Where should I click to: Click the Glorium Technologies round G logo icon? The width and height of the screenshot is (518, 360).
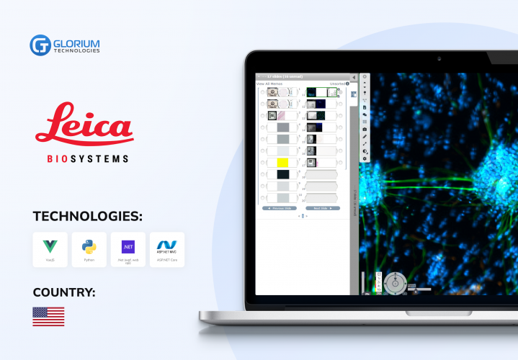(39, 45)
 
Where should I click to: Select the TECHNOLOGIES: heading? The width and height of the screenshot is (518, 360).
(87, 215)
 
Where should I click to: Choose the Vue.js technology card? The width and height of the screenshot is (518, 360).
(50, 249)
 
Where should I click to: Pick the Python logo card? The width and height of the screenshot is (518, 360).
(89, 249)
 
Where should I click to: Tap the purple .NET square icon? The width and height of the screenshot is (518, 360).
(128, 246)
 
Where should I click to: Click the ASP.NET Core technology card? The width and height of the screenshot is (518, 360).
(166, 249)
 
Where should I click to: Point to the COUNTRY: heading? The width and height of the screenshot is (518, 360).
(64, 292)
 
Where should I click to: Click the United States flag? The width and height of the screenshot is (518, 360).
(48, 316)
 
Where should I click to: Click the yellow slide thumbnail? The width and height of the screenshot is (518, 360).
(283, 163)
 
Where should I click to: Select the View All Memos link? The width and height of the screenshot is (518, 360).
(270, 84)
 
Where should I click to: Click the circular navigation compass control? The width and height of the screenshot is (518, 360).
(394, 282)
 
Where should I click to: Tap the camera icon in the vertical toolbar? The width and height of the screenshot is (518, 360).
(365, 129)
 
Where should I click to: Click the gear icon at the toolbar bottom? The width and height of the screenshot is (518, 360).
(365, 158)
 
